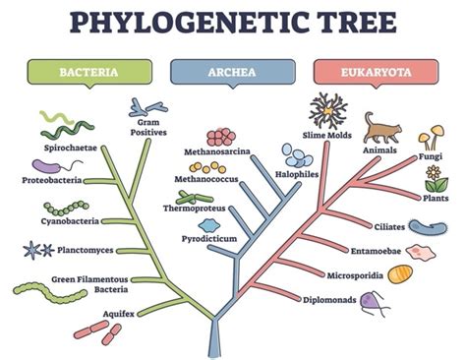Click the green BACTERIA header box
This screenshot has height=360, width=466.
point(89,72)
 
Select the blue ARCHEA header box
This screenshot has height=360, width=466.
point(232,72)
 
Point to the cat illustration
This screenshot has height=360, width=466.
point(381,129)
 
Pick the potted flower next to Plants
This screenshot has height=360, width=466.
point(435,177)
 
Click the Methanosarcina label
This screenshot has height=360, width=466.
point(215,152)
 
